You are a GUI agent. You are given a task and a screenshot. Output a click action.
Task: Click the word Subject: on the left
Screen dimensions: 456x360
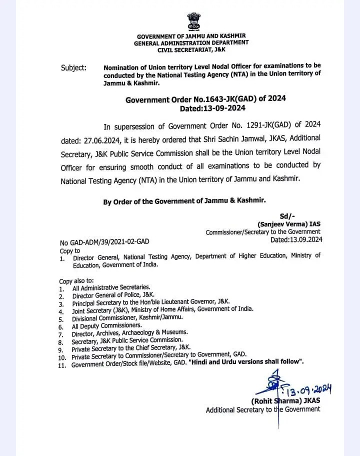click(x=73, y=67)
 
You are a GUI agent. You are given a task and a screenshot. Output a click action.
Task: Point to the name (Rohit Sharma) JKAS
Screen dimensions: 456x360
click(x=285, y=401)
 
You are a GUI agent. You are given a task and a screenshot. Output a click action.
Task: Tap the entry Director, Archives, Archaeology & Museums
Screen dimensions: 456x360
click(x=130, y=333)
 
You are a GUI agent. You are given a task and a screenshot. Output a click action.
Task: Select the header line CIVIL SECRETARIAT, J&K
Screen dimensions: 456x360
click(x=191, y=50)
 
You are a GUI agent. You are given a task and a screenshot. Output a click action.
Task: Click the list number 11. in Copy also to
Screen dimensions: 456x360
click(x=62, y=365)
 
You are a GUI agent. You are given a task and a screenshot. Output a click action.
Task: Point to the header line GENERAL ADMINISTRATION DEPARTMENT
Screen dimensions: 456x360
click(x=191, y=43)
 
